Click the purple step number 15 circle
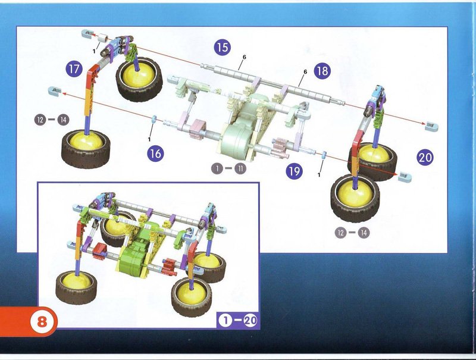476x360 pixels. pos(222,47)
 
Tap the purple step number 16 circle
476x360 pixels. pos(155,154)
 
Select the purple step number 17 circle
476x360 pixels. pos(74,69)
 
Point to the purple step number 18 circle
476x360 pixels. pos(322,71)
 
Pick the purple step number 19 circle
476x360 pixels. pos(294,171)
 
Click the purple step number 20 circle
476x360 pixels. pos(425,157)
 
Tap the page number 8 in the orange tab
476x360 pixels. pos(42,321)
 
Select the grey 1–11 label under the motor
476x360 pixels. pos(228,168)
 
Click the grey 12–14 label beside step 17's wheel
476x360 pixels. pos(52,120)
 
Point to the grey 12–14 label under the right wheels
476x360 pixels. pos(352,233)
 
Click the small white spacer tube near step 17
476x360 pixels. pos(104,38)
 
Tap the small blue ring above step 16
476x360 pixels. pos(154,118)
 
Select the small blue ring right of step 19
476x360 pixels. pos(324,155)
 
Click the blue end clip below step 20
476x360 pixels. pos(405,176)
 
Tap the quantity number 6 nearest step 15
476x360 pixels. pos(245,57)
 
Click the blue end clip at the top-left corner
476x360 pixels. pos(87,33)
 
